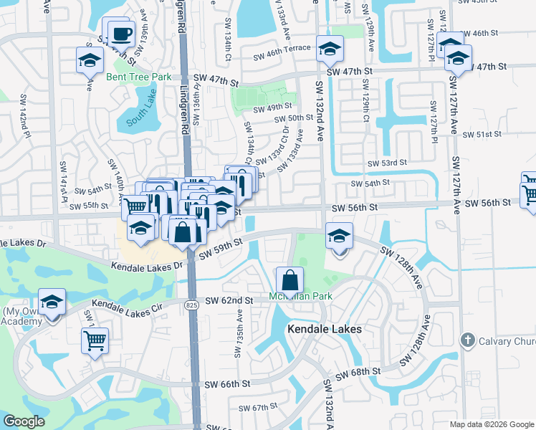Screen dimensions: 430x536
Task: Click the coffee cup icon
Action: point(122,33)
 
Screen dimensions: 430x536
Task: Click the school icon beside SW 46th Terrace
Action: point(330,49)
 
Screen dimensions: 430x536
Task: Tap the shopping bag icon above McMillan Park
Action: point(289,279)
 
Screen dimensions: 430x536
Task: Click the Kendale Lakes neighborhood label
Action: point(324,328)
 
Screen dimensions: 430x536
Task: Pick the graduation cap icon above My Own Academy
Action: point(52,301)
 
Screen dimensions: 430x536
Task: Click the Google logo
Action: point(24,421)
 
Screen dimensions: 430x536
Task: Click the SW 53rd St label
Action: point(386,163)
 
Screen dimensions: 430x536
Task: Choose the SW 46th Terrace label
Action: point(281,49)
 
